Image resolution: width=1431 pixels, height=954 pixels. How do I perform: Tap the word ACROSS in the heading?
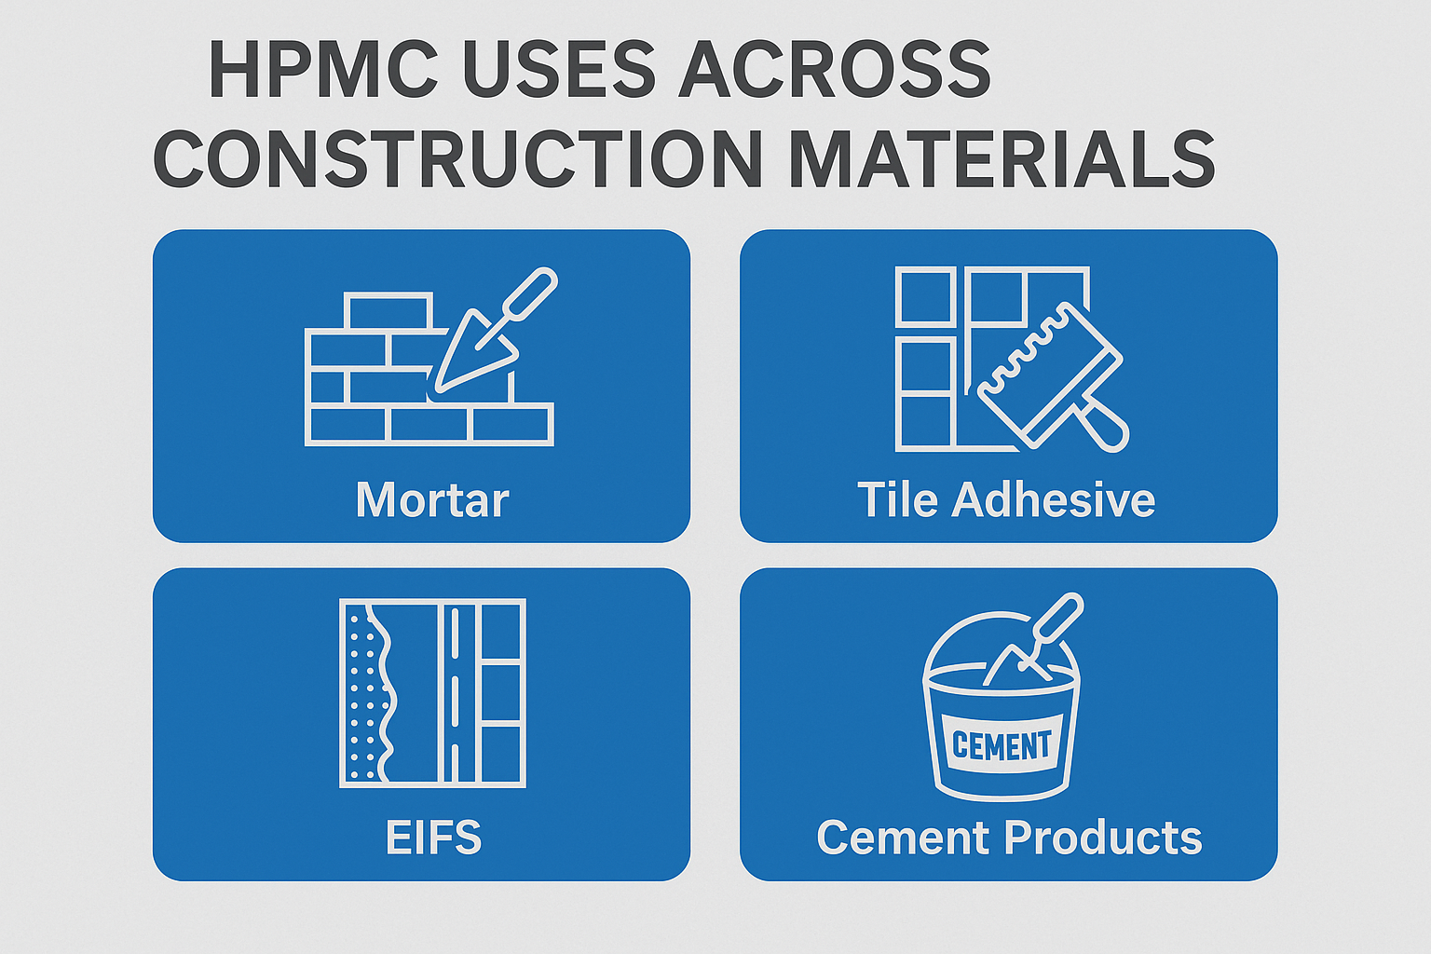834,70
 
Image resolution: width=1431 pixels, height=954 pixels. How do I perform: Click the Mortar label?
432,500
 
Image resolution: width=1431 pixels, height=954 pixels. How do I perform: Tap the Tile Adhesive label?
1006,500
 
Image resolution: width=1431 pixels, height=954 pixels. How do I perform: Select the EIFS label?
433,838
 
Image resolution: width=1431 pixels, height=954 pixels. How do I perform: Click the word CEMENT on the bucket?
1002,745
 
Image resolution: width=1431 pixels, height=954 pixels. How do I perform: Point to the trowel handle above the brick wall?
529,294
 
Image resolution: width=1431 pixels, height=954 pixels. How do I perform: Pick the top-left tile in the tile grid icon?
924,296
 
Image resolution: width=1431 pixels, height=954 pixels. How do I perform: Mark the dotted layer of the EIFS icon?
363,693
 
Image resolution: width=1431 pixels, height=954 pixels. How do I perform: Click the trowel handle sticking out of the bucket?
1058,619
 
